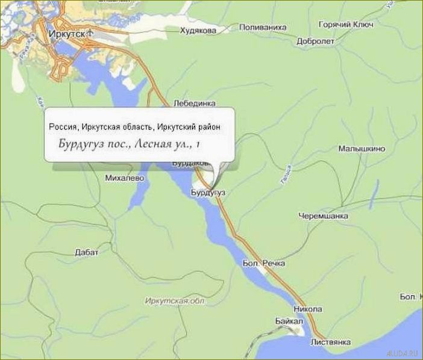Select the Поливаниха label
263,28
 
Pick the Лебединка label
194,103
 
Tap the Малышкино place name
362,148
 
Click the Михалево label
124,179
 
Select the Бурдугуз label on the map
207,192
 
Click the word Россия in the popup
62,126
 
